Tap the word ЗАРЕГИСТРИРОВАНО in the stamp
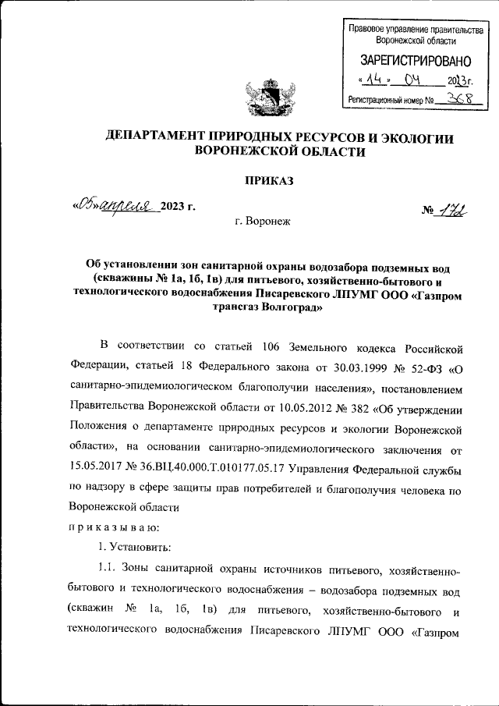point(415,60)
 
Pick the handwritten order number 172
point(448,211)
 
